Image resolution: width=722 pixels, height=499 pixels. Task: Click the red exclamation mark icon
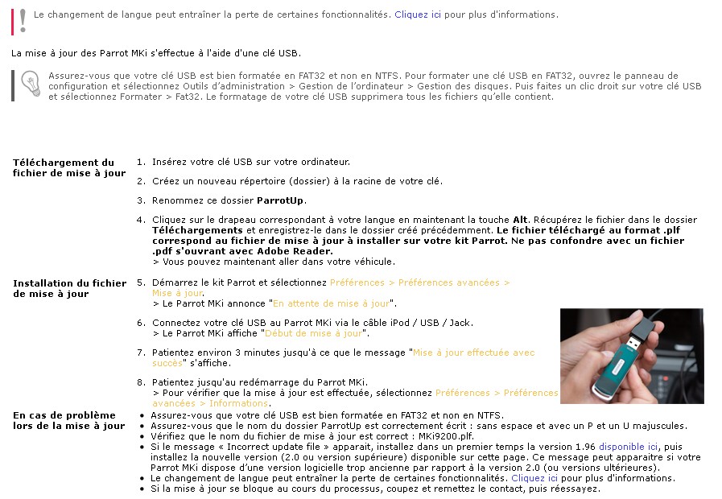[x=23, y=19]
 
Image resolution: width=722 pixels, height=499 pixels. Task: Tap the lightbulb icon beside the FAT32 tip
[x=30, y=83]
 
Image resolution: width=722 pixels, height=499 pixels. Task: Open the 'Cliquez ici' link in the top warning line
[x=417, y=14]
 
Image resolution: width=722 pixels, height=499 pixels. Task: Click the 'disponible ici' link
[x=628, y=447]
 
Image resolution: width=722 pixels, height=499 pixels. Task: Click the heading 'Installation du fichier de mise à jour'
[x=69, y=288]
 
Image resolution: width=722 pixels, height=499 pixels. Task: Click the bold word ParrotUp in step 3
[x=281, y=200]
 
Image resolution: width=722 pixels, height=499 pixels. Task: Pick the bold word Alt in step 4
[x=520, y=220]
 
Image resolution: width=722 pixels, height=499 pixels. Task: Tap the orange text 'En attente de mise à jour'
[x=332, y=303]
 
